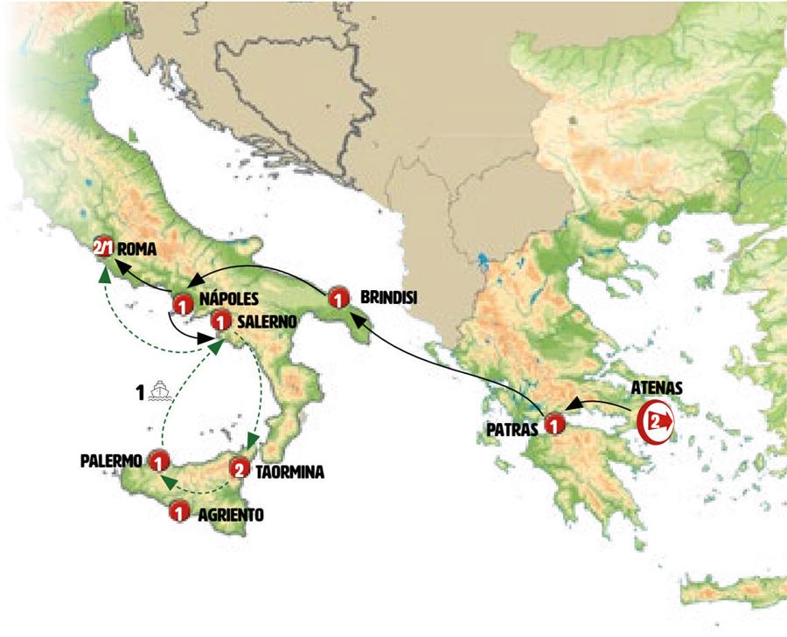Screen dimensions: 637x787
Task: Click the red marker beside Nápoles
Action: [x=182, y=306]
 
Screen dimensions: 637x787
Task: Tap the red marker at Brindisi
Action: [x=338, y=300]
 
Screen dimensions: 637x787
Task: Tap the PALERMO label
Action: [x=112, y=458]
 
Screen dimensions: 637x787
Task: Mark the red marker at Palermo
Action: [x=158, y=460]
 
